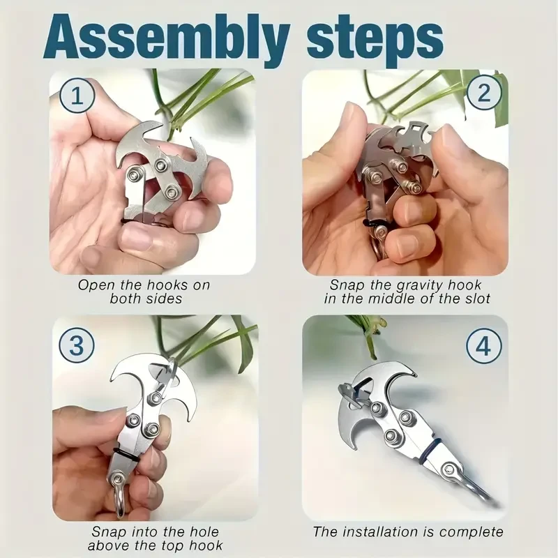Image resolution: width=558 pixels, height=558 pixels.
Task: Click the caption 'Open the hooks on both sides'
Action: (144, 292)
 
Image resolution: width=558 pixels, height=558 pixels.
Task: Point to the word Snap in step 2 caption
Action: (347, 285)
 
